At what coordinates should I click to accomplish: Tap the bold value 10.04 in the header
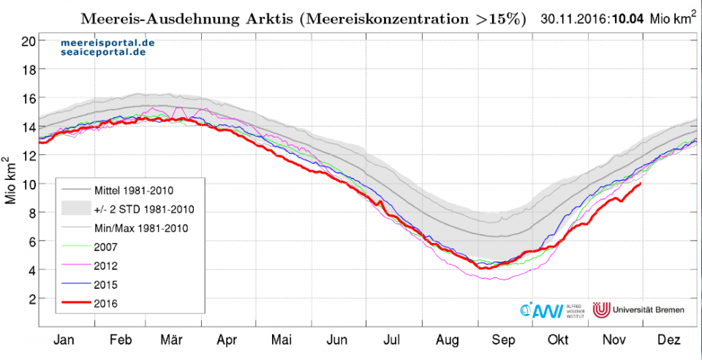pos(627,19)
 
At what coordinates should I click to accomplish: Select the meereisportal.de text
pos(107,44)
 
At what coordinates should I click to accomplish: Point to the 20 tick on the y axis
pos(28,40)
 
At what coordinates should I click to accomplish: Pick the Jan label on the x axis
pos(64,341)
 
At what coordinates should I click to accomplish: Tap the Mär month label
pos(171,341)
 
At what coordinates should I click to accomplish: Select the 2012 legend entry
pos(107,265)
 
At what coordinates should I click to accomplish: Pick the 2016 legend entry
pos(107,302)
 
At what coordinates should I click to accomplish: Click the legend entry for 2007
pos(107,247)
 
